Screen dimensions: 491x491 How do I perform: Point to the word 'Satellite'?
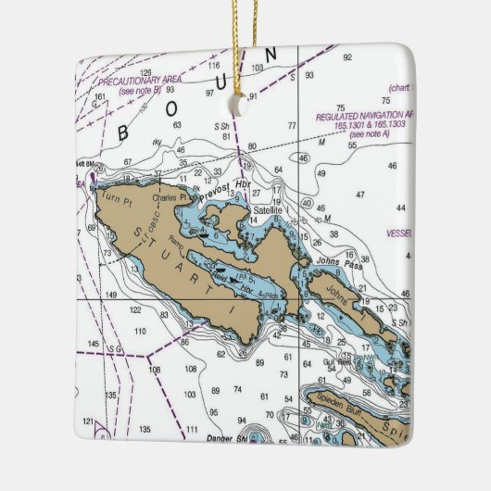point(269,211)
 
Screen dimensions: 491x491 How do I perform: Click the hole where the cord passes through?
point(243,103)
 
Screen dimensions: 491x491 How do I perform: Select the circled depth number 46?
point(304,158)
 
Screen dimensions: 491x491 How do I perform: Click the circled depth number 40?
point(307,203)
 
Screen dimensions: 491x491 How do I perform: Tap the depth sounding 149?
point(111,295)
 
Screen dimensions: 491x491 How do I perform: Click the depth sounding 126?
point(145,72)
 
